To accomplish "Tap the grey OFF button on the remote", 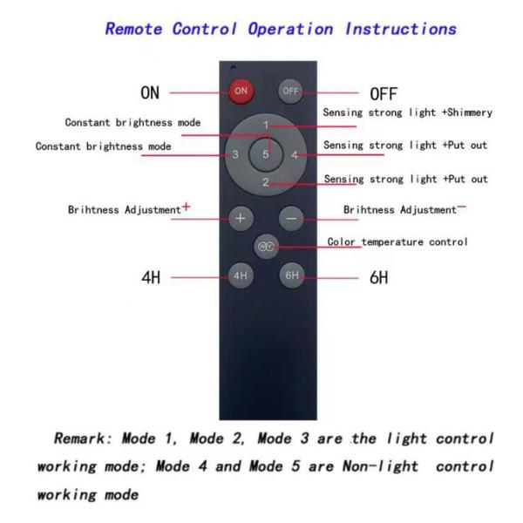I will click(x=289, y=90).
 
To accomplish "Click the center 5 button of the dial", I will click(x=266, y=154).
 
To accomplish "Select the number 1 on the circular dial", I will click(x=266, y=126).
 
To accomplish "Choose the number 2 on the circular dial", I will click(x=266, y=182).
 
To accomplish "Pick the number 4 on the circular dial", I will click(x=295, y=155).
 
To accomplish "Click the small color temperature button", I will click(x=266, y=246).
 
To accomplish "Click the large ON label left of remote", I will click(x=151, y=92).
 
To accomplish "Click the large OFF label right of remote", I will click(x=384, y=92).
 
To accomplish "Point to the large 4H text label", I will click(x=153, y=279).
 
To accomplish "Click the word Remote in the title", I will click(x=133, y=28).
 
